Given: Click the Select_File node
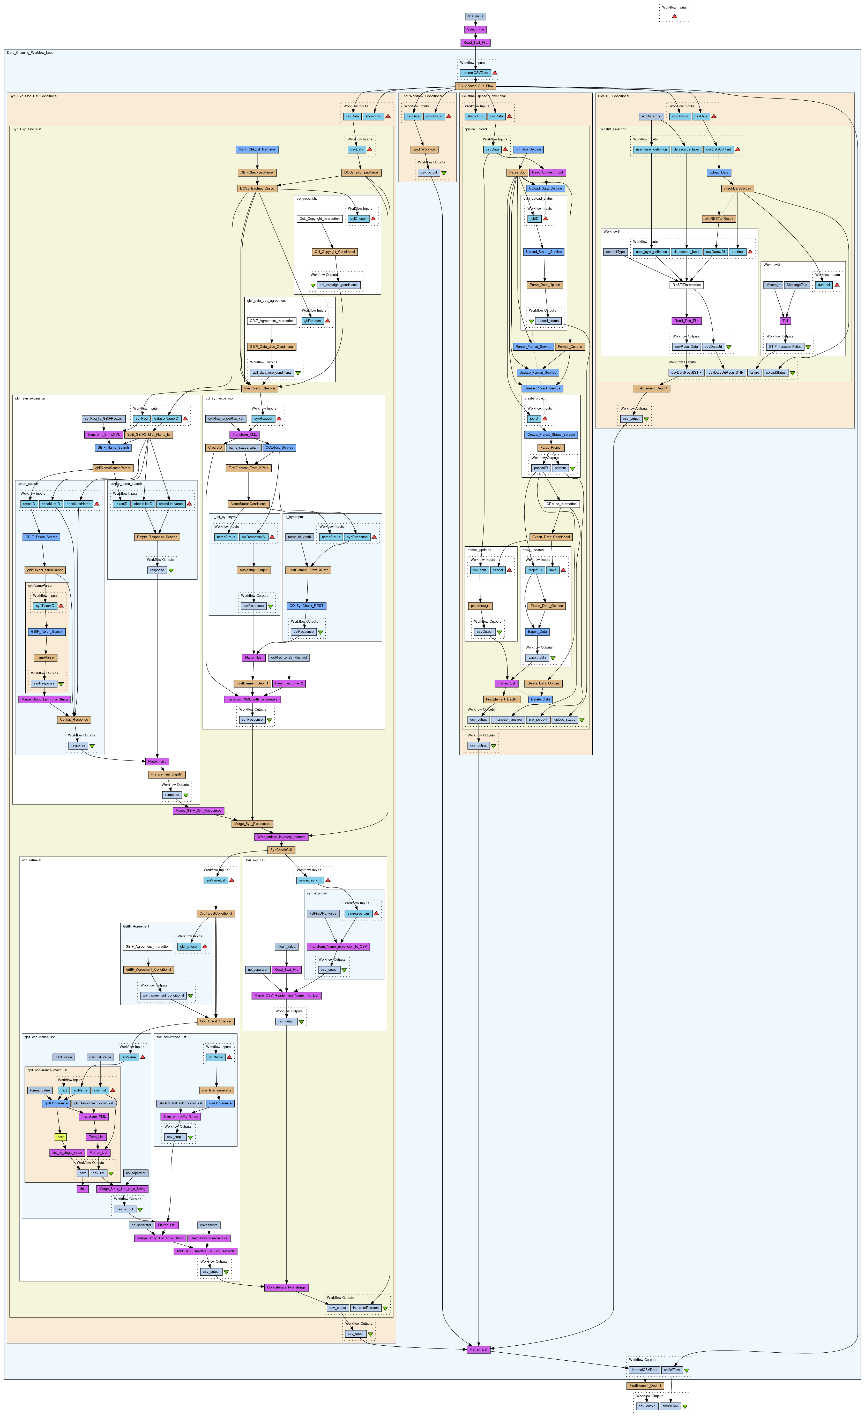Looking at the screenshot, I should coord(475,29).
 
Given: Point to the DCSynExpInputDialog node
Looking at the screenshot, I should coord(257,188).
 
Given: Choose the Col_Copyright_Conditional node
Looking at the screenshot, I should coord(335,252).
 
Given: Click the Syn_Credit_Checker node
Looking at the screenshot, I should coord(260,388).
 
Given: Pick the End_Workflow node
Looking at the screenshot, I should coord(424,149).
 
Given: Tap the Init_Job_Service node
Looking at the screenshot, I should coord(528,149).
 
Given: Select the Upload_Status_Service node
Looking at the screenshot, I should coord(544,252).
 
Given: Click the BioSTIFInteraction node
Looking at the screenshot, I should coord(687,285).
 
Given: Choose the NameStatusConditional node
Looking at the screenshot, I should coord(249,504).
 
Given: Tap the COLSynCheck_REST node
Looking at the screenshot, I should coord(307,606).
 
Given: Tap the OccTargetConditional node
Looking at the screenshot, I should coord(216,913).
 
